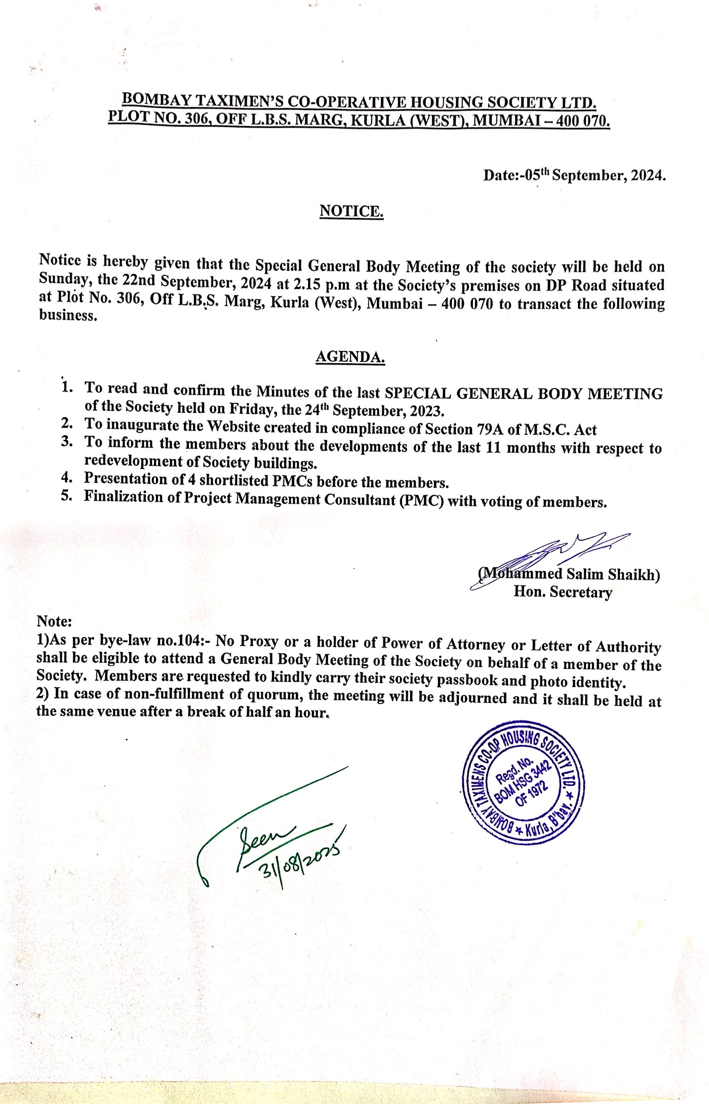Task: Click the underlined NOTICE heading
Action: [x=351, y=210]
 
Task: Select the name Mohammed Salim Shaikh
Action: [x=569, y=574]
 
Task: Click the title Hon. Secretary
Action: [x=563, y=591]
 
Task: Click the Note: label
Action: [x=54, y=621]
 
